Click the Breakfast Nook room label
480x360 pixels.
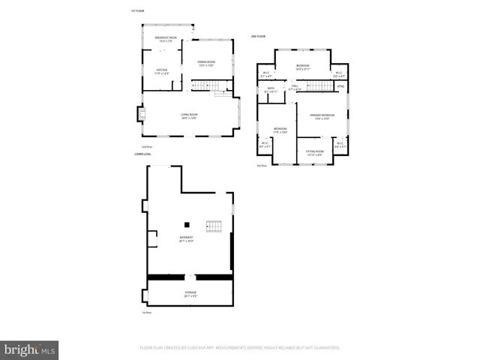click(166, 39)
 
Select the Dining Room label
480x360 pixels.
click(206, 63)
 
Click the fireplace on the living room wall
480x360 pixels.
click(139, 114)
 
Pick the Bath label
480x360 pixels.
click(271, 90)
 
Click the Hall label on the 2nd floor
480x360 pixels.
click(295, 88)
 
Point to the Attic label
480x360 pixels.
click(340, 87)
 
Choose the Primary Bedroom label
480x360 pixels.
click(321, 116)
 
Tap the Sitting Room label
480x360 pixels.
click(315, 154)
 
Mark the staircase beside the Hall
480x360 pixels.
click(319, 85)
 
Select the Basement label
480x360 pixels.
click(186, 239)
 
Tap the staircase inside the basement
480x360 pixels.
click(214, 226)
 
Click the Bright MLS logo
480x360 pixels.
click(30, 349)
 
